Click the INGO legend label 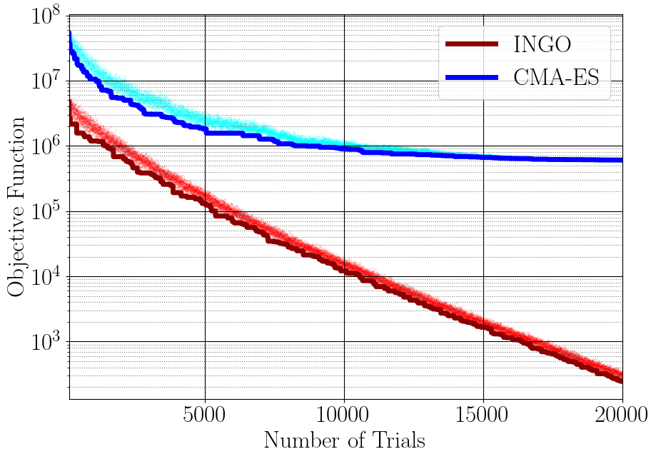click(542, 45)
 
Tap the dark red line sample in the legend click(471, 45)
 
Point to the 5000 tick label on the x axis click(205, 415)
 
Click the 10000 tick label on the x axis click(344, 415)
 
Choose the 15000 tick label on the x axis click(483, 415)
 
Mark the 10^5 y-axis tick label click(45, 213)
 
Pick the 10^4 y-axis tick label click(45, 278)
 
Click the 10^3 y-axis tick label click(45, 343)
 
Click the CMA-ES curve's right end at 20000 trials click(621, 160)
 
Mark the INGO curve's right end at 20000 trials click(621, 380)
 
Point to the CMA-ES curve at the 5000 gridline click(206, 131)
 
